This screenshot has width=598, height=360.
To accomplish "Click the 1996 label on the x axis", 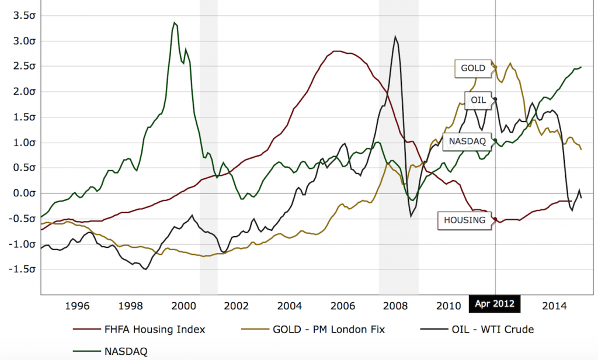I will click(78, 306).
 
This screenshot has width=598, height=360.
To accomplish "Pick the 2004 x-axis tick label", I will click(290, 306).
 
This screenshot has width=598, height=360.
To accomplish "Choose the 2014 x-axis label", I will click(555, 306).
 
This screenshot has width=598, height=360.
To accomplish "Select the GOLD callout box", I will click(472, 68).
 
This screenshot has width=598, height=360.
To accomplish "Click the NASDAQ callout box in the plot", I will click(467, 141).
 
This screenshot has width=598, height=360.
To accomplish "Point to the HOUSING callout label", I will click(464, 220).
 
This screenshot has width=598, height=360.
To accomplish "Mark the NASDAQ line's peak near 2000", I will click(174, 23).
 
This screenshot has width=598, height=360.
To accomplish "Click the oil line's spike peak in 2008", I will click(396, 37).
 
